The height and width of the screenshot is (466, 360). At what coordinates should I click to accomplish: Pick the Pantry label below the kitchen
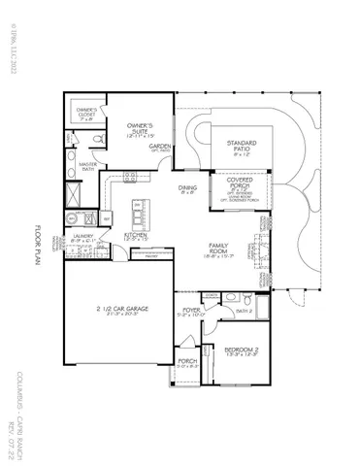pyautogui.click(x=151, y=257)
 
